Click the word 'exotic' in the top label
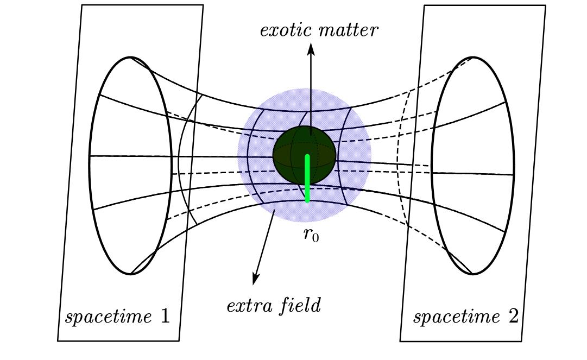286,30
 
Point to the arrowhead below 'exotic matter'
311,49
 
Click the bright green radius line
307,179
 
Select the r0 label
311,235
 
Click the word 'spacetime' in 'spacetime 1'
109,317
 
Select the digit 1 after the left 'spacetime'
165,315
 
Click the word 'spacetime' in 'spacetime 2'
457,317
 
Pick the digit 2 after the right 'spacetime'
513,315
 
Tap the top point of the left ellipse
130,56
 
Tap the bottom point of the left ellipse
130,274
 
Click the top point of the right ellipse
473,56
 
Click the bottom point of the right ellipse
473,274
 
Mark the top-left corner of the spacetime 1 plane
82,5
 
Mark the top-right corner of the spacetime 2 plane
545,5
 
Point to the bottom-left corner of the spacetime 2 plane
400,341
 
